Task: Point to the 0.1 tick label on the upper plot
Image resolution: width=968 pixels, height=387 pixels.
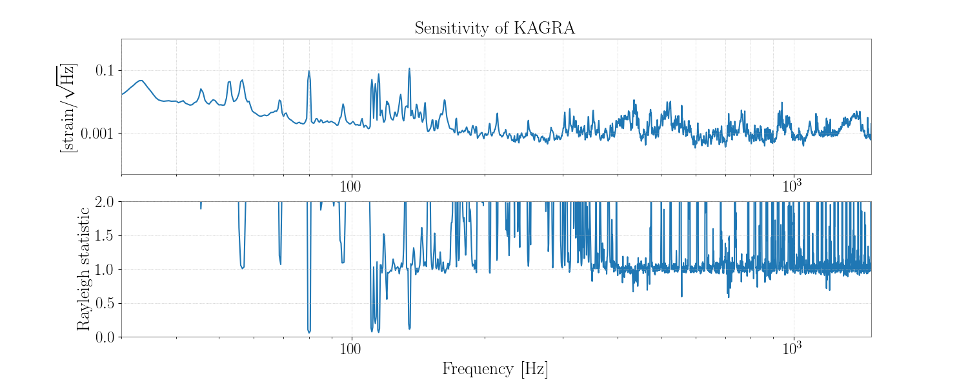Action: (108, 70)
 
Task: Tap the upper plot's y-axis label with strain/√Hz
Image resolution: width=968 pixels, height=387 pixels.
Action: (67, 108)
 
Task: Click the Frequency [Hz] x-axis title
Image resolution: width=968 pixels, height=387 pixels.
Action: (495, 370)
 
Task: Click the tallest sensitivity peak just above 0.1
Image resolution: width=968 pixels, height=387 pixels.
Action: (409, 68)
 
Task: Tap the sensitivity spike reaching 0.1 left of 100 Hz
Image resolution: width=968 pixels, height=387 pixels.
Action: (309, 72)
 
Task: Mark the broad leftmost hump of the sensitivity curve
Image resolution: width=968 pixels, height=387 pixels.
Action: (140, 81)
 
